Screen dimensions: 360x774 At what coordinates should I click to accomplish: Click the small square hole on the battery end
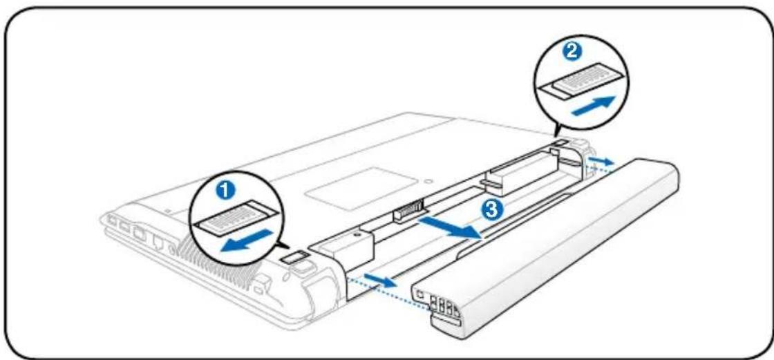point(420,292)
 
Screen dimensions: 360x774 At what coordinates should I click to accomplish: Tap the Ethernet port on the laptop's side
point(159,243)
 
